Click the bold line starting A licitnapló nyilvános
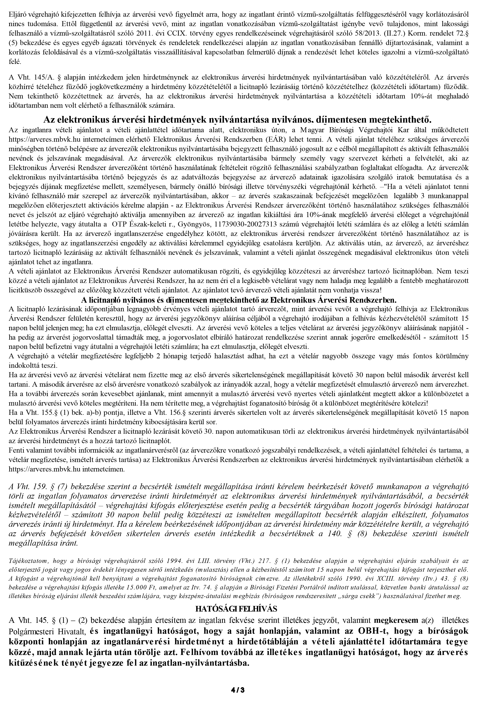click(239, 300)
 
